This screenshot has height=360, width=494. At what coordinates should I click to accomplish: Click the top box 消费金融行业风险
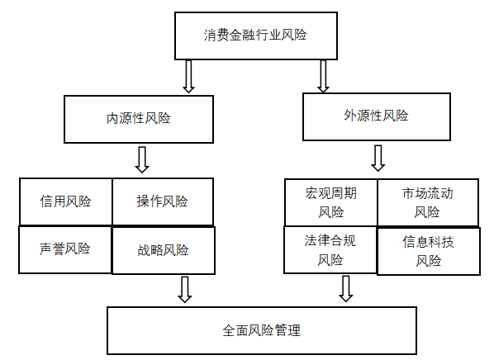256,36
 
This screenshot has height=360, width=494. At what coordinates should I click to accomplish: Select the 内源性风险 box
139,120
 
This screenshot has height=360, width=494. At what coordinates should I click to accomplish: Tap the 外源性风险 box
377,116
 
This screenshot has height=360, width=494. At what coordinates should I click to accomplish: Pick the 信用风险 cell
65,201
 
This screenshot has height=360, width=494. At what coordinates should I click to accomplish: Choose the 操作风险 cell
163,201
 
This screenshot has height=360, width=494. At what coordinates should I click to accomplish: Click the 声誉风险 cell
65,249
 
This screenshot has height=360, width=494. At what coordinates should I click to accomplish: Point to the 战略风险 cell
164,250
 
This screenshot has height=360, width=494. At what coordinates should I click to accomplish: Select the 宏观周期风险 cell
330,202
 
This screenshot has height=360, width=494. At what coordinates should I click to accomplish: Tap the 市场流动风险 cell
428,202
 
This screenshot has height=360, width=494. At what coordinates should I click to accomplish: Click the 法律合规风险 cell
330,249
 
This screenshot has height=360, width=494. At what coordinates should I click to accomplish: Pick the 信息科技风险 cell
429,251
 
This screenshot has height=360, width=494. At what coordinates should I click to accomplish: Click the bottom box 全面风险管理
262,331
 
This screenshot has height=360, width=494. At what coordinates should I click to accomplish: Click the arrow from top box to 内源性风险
188,76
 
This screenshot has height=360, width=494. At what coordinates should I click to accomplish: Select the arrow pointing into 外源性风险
323,76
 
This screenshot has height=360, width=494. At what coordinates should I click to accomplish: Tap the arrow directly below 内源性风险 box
142,159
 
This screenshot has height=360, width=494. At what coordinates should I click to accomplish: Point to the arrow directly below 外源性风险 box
378,158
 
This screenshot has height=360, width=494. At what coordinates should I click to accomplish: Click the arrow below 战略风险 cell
185,290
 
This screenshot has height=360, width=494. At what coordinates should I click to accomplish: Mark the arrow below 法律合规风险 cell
345,289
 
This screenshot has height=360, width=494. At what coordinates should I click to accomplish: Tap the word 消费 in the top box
216,35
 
